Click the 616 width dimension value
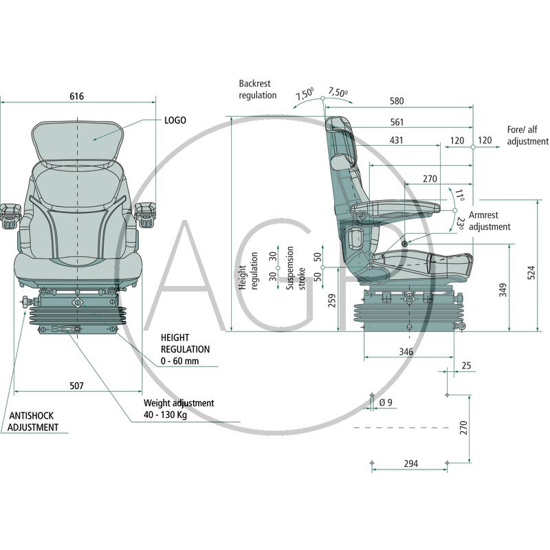point(76,96)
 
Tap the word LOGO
point(175,120)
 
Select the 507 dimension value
point(76,386)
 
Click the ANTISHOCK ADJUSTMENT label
point(33,421)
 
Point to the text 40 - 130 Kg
point(165,415)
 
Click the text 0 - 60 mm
point(180,361)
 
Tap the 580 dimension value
point(397,101)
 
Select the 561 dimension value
point(397,122)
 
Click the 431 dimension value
point(397,140)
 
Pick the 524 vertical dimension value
point(531,272)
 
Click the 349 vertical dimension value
point(503,290)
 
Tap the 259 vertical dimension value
point(332,300)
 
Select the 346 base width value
point(406,351)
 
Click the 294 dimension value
point(410,463)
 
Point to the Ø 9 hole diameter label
point(386,403)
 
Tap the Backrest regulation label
point(258,89)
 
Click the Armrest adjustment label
point(489,221)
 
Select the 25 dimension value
point(466,366)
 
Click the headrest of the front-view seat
point(77,142)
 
